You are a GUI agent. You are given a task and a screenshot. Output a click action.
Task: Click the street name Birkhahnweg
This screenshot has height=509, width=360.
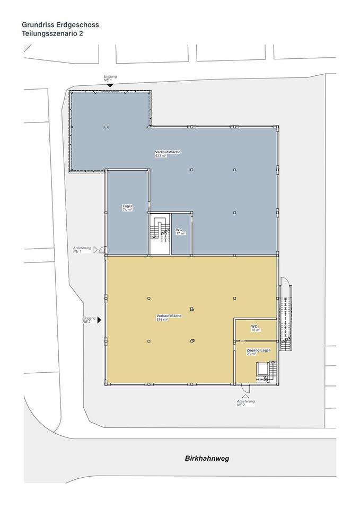(x=207, y=458)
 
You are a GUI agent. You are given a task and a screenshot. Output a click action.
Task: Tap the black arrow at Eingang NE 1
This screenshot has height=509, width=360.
(x=110, y=85)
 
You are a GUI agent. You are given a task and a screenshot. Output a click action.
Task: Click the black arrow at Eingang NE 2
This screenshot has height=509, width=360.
(x=99, y=320)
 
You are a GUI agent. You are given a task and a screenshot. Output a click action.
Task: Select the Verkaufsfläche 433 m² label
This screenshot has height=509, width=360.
(x=168, y=154)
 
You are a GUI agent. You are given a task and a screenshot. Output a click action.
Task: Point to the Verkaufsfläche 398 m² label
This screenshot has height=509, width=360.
(x=169, y=318)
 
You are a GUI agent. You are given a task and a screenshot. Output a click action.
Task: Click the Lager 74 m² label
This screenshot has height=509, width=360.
(x=127, y=208)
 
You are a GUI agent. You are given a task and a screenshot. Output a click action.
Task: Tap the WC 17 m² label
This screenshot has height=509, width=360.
(x=180, y=232)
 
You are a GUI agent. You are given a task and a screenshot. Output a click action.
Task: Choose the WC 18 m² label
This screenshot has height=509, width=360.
(x=256, y=328)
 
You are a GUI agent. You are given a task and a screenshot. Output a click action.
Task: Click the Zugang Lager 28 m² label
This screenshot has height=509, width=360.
(x=258, y=352)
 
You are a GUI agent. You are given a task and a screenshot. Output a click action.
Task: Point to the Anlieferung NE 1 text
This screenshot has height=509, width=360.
(x=82, y=250)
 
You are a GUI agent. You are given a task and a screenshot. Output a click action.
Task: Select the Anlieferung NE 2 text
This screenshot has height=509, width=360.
(x=245, y=403)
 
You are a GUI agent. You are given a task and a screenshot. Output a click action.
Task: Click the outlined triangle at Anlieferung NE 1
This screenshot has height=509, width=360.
(x=95, y=250)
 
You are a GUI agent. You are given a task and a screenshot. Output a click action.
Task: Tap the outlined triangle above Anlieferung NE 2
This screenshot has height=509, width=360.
(x=245, y=396)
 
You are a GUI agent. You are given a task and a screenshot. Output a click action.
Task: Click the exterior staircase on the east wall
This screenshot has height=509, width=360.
(x=286, y=318)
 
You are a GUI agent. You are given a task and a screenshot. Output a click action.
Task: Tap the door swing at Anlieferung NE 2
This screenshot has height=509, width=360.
(x=245, y=388)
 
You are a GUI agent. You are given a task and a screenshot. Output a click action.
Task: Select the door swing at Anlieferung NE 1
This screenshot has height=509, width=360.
(x=102, y=250)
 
